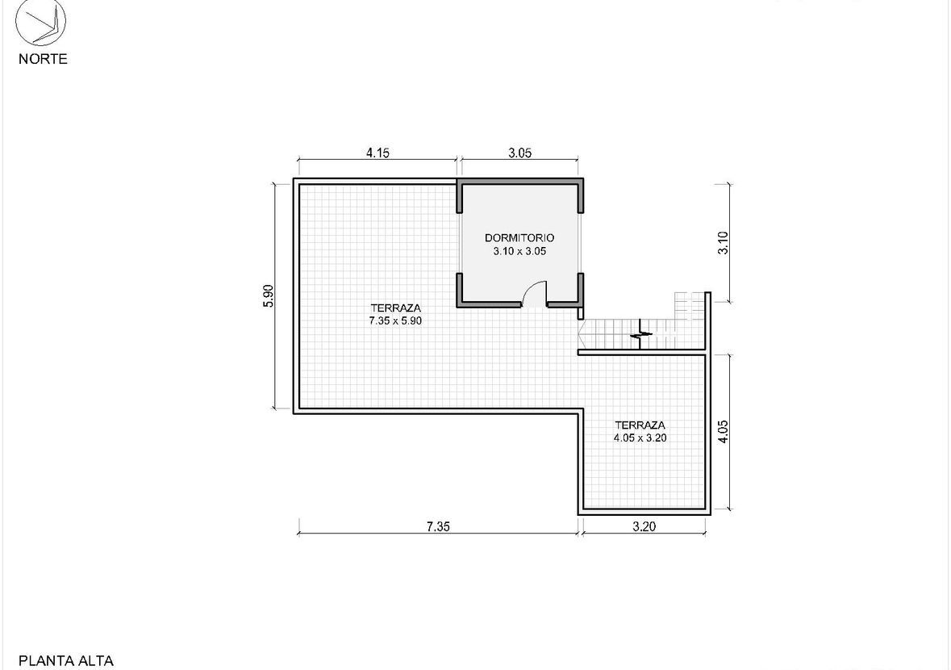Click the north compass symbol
coord(40,23)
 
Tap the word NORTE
coord(43,59)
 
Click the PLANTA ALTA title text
coord(66,661)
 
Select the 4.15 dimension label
coord(377,153)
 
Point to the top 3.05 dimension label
coord(519,153)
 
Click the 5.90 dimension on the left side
coord(269,295)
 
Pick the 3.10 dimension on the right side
coord(723,243)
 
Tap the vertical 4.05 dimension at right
coord(723,432)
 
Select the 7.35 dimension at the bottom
coord(438,526)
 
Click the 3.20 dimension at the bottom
coord(644,526)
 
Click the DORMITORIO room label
coord(519,238)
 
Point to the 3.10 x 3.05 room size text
coord(519,250)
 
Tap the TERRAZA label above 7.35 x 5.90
coord(395,308)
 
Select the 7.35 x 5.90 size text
coord(395,320)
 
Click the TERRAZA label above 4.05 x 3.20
coord(640,425)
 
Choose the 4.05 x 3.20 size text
coord(640,438)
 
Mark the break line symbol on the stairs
coord(641,334)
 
